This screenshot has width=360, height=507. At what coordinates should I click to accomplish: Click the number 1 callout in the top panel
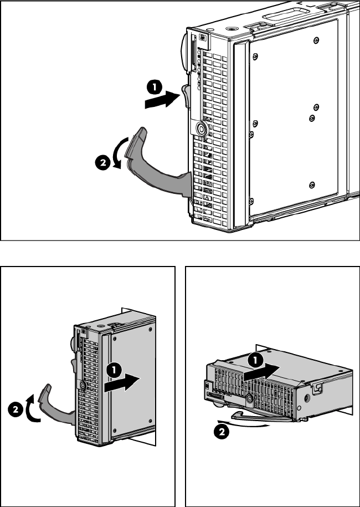click(155, 88)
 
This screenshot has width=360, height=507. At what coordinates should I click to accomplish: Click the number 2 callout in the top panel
click(103, 163)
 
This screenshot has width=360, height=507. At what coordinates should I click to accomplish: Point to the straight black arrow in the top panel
click(162, 99)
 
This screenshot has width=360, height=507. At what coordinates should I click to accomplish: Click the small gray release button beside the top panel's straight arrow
click(186, 96)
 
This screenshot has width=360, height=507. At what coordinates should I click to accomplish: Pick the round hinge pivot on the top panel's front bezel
click(202, 129)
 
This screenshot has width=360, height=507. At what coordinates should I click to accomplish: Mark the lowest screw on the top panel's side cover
click(312, 185)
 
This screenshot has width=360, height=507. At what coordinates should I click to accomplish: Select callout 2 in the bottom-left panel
click(15, 410)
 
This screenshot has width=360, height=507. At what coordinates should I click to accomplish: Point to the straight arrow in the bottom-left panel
click(122, 384)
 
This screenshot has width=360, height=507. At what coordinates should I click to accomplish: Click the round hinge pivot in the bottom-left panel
click(82, 385)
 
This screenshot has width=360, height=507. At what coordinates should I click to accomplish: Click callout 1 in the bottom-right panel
click(256, 360)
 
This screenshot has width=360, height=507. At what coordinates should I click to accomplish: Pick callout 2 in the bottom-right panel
click(222, 432)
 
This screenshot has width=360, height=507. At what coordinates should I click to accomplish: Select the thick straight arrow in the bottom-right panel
click(261, 372)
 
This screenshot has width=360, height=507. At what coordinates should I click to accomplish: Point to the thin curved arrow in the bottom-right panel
click(243, 423)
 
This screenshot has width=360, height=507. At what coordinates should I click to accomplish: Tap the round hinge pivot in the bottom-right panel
click(249, 399)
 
